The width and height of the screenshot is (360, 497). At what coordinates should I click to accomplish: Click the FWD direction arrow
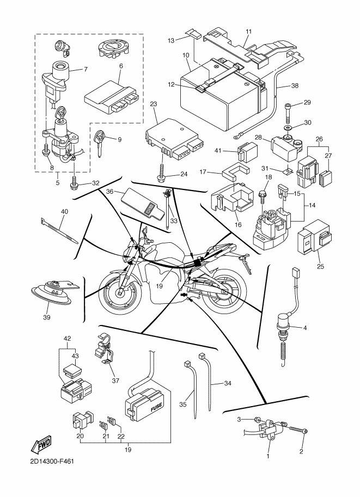[x=41, y=444]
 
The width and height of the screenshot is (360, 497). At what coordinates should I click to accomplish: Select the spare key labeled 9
[x=100, y=143]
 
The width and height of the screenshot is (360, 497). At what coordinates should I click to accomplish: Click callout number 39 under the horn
[x=47, y=317]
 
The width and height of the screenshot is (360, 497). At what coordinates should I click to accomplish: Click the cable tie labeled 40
[x=59, y=231]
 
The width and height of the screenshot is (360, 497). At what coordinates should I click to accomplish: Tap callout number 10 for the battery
[x=186, y=55]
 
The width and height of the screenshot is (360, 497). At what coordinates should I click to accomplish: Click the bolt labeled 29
[x=288, y=113]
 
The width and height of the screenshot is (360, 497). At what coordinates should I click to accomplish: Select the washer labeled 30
[x=288, y=127]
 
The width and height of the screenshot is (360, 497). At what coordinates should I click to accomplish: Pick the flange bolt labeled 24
[x=161, y=174]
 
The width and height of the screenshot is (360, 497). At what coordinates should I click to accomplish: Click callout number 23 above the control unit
[x=154, y=104]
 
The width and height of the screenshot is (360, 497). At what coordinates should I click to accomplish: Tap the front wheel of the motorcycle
[x=120, y=293]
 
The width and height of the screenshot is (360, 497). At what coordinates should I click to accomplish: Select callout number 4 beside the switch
[x=305, y=328]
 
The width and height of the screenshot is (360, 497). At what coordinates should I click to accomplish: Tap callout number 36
[x=110, y=192]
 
